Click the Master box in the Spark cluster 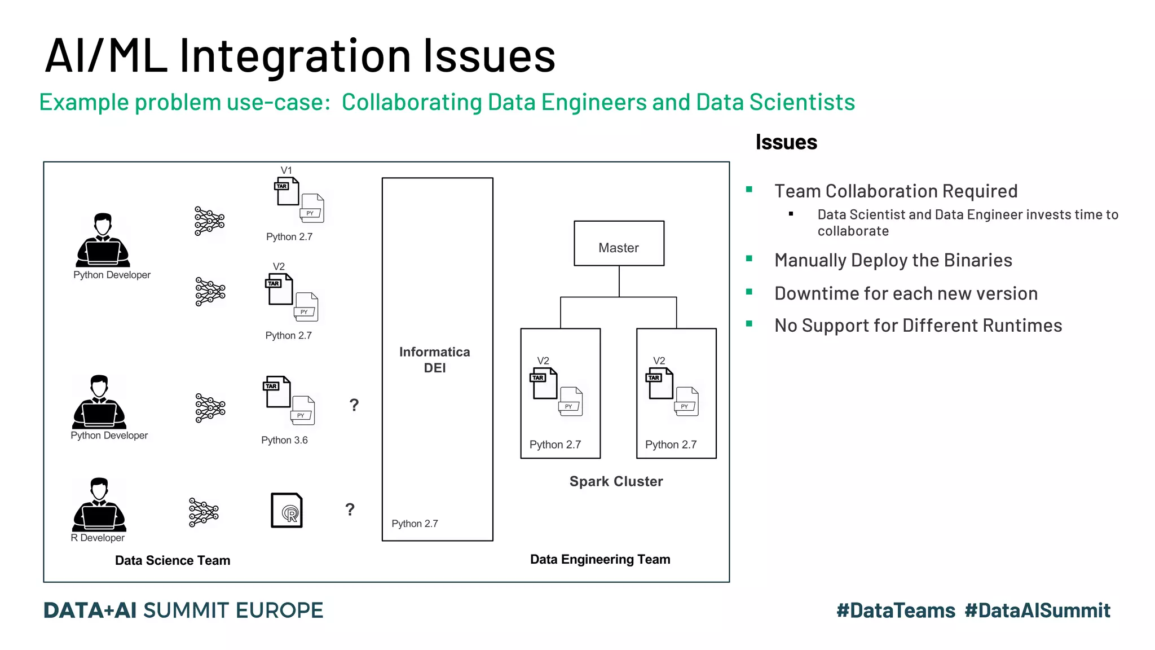619,244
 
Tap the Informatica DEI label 435,359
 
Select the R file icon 286,511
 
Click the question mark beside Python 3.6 354,405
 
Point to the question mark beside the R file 350,510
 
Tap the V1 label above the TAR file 286,170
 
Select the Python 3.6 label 284,440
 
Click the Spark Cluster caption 616,481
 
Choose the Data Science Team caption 173,560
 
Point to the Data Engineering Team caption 600,559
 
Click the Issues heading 786,142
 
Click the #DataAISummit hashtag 1037,611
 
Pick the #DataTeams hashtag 896,611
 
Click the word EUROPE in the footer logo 279,611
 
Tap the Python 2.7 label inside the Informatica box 415,524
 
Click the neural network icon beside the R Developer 204,512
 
